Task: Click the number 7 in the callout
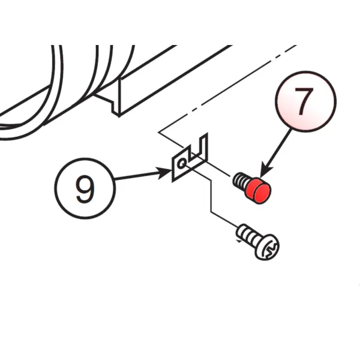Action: tap(304, 101)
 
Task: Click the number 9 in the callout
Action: tap(85, 189)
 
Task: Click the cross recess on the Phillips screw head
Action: tap(272, 248)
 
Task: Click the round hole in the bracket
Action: tap(182, 163)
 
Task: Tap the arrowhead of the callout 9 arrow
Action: tap(165, 173)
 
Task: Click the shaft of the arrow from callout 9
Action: tap(136, 176)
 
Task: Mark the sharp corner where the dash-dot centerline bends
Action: tap(158, 132)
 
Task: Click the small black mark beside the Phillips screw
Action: tap(239, 241)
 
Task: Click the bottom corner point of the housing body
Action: tap(119, 116)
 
